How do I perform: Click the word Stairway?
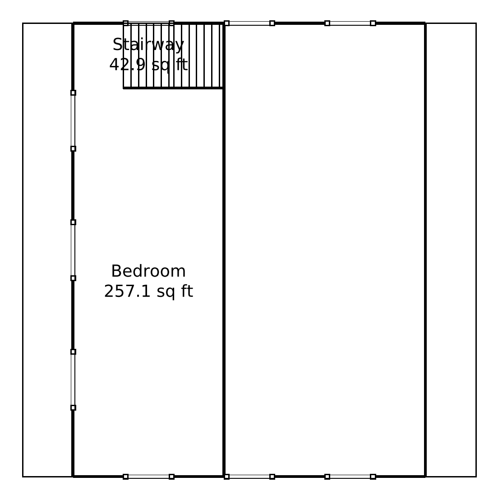coord(148,45)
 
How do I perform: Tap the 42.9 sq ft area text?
coord(148,65)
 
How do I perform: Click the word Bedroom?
coord(148,271)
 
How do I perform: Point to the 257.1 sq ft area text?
coord(148,292)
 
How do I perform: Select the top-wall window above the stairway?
coord(148,23)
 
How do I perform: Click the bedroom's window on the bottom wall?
coord(148,477)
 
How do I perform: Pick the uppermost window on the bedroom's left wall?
coord(73,120)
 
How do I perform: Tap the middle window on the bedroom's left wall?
coord(73,250)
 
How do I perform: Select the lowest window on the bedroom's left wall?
coord(73,380)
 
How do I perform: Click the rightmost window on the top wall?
coord(350,23)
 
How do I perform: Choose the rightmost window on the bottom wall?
coord(350,477)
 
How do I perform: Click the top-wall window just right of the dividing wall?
coord(249,23)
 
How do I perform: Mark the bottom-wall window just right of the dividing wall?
coord(249,477)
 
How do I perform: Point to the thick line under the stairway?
coord(173,88)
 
